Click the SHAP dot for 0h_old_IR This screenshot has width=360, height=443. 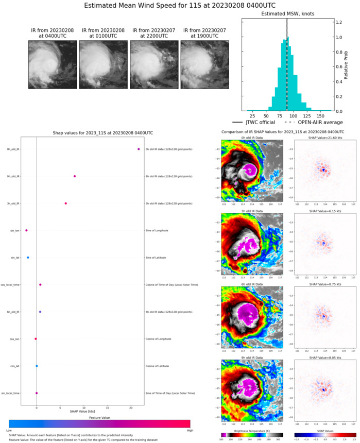click(x=139, y=149)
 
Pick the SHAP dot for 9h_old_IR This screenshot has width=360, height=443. click(x=75, y=176)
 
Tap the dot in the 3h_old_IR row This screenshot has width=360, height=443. click(x=66, y=203)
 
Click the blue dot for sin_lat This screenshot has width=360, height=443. click(x=28, y=258)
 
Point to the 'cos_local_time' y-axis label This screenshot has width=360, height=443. click(x=11, y=285)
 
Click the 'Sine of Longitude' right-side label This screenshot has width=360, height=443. click(x=160, y=230)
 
